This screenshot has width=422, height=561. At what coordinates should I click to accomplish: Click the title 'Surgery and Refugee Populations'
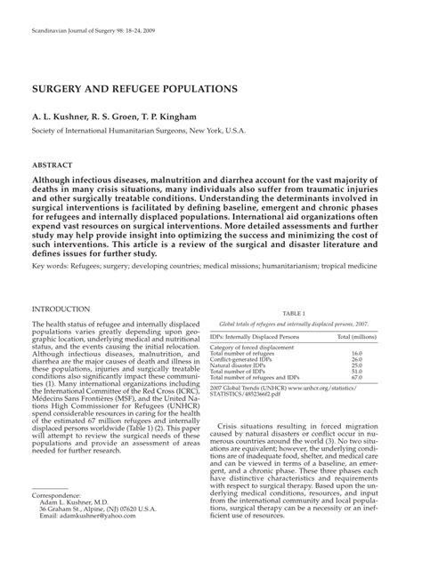point(134,90)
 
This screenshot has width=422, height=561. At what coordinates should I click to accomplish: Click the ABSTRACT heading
point(53,165)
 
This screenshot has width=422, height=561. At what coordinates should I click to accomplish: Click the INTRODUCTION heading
point(67,309)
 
